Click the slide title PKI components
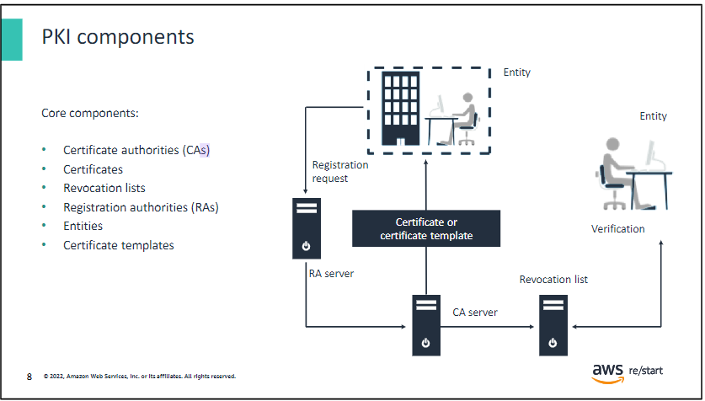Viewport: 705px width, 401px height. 118,37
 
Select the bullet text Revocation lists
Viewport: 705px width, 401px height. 104,188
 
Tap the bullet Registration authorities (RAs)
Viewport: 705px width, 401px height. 141,207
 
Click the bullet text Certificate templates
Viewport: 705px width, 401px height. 119,245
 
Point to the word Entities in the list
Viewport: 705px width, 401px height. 83,226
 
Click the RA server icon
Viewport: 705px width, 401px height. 307,228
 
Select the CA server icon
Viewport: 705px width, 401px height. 426,325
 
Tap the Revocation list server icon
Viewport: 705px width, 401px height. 553,325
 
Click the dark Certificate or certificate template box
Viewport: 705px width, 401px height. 426,228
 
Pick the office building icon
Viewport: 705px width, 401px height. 401,109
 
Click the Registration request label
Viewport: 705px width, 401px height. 340,172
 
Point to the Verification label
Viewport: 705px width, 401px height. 617,229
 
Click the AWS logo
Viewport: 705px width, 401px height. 608,373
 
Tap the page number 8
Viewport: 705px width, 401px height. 29,377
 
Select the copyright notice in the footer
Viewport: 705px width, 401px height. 139,377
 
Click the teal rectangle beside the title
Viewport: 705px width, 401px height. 12,40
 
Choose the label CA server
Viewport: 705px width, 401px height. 475,313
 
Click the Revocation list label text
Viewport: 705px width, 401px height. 553,280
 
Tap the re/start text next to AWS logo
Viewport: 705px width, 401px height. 646,371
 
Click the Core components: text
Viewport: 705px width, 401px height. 90,113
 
